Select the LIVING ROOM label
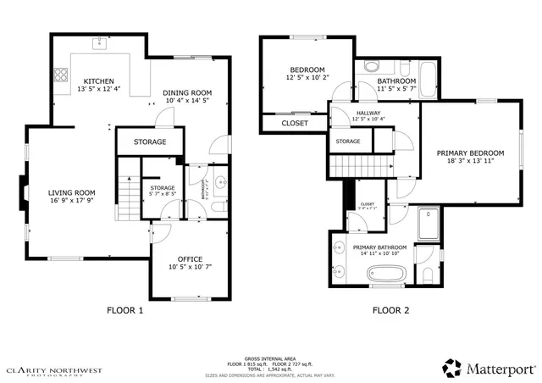[71, 192]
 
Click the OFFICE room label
[190, 258]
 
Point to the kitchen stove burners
[62, 74]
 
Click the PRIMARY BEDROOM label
[470, 153]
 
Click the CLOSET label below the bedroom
[295, 123]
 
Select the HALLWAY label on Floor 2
[368, 113]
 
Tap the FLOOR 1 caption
[124, 310]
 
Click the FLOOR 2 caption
[391, 310]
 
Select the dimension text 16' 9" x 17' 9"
[71, 202]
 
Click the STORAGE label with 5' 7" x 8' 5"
[163, 187]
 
